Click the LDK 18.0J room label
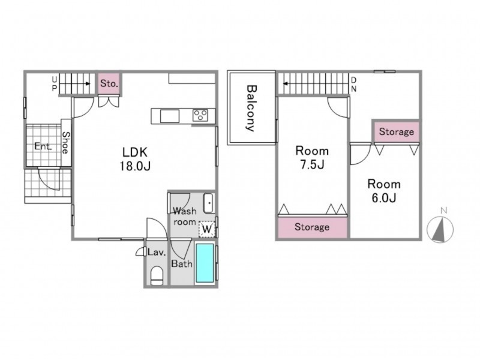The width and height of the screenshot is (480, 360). pos(134,158)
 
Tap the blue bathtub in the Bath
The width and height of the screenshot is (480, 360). pos(205,263)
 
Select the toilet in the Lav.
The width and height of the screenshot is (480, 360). pos(157,275)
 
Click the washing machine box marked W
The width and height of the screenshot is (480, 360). pos(207,229)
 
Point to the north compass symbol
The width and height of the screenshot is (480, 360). pos(440,230)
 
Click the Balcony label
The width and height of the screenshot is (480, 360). pos(251,108)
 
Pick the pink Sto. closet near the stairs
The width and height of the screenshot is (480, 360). pos(109,83)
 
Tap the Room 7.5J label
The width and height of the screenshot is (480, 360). pos(312,158)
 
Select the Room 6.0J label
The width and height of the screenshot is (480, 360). pos(384,191)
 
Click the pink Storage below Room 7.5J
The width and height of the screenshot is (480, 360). pos(312,227)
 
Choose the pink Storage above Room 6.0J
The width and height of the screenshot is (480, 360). pos(397,131)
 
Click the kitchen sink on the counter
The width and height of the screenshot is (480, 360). pos(170,116)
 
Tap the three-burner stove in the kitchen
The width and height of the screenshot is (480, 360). pos(200,116)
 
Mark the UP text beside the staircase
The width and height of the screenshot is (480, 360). pos(54,84)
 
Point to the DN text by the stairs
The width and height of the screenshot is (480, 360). pos(353,85)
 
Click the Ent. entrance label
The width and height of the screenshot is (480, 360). pos(43,146)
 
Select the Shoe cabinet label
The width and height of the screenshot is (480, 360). pos(66,142)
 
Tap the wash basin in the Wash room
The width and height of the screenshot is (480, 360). pos(209,203)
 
